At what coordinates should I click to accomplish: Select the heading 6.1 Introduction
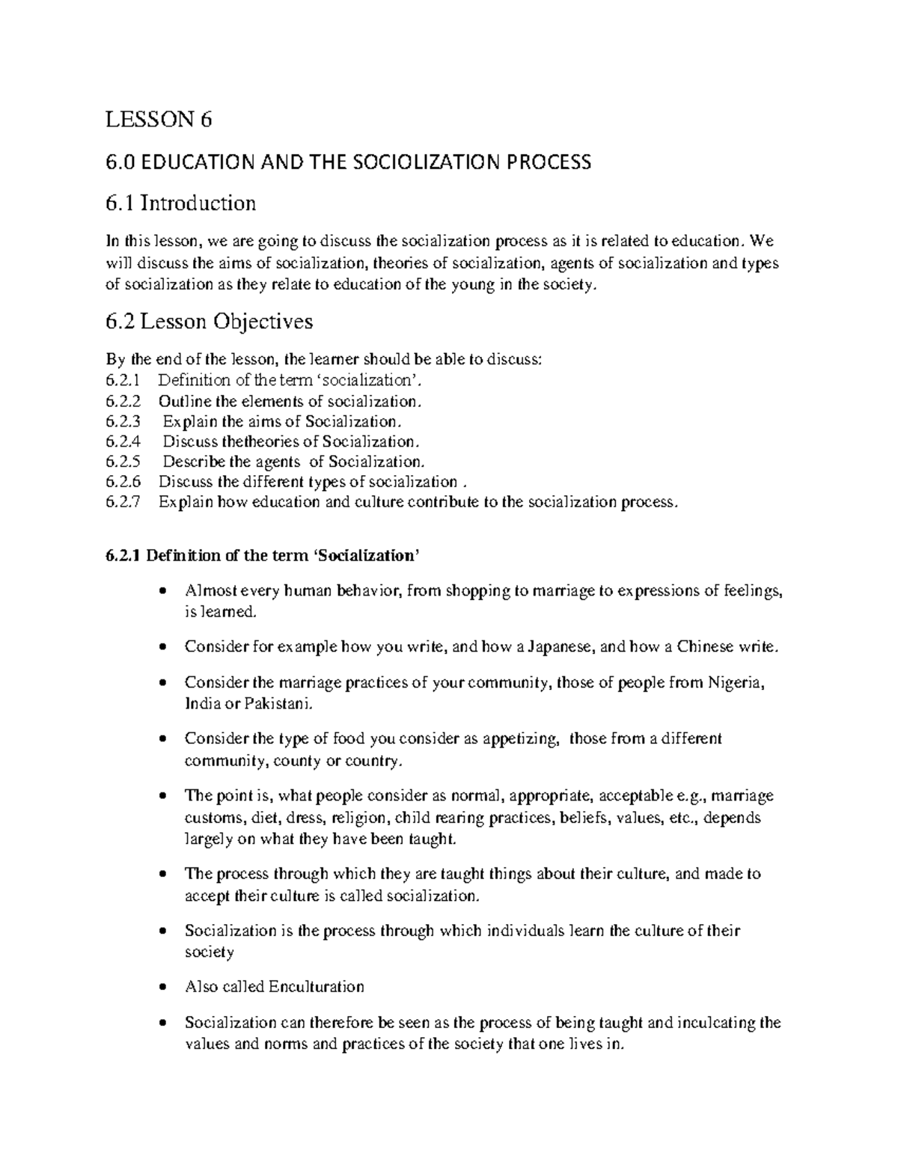tap(180, 203)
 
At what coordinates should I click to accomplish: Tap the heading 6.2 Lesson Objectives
tap(209, 322)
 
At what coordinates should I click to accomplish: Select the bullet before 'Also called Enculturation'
tap(163, 988)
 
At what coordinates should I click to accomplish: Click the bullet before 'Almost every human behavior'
tap(163, 592)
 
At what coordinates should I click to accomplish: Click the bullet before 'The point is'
tap(163, 796)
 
